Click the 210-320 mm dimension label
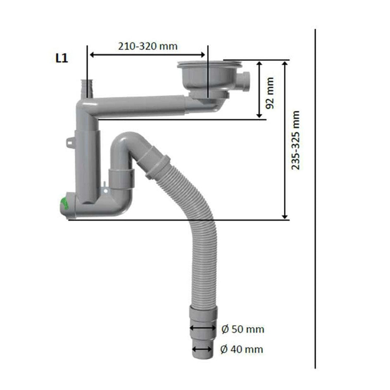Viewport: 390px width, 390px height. coord(148,46)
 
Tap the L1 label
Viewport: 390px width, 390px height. coord(62,58)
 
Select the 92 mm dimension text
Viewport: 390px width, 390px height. coord(270,93)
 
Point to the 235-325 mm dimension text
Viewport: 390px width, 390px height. coord(295,140)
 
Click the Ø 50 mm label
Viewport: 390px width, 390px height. coord(243,329)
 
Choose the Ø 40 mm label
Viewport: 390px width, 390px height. coord(242,349)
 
